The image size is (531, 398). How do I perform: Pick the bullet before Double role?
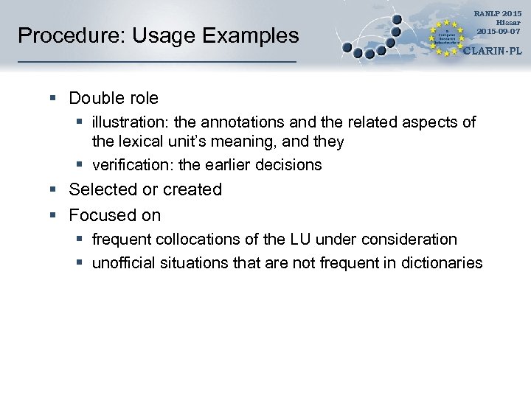point(54,98)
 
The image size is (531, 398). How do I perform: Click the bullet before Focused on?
point(54,215)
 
